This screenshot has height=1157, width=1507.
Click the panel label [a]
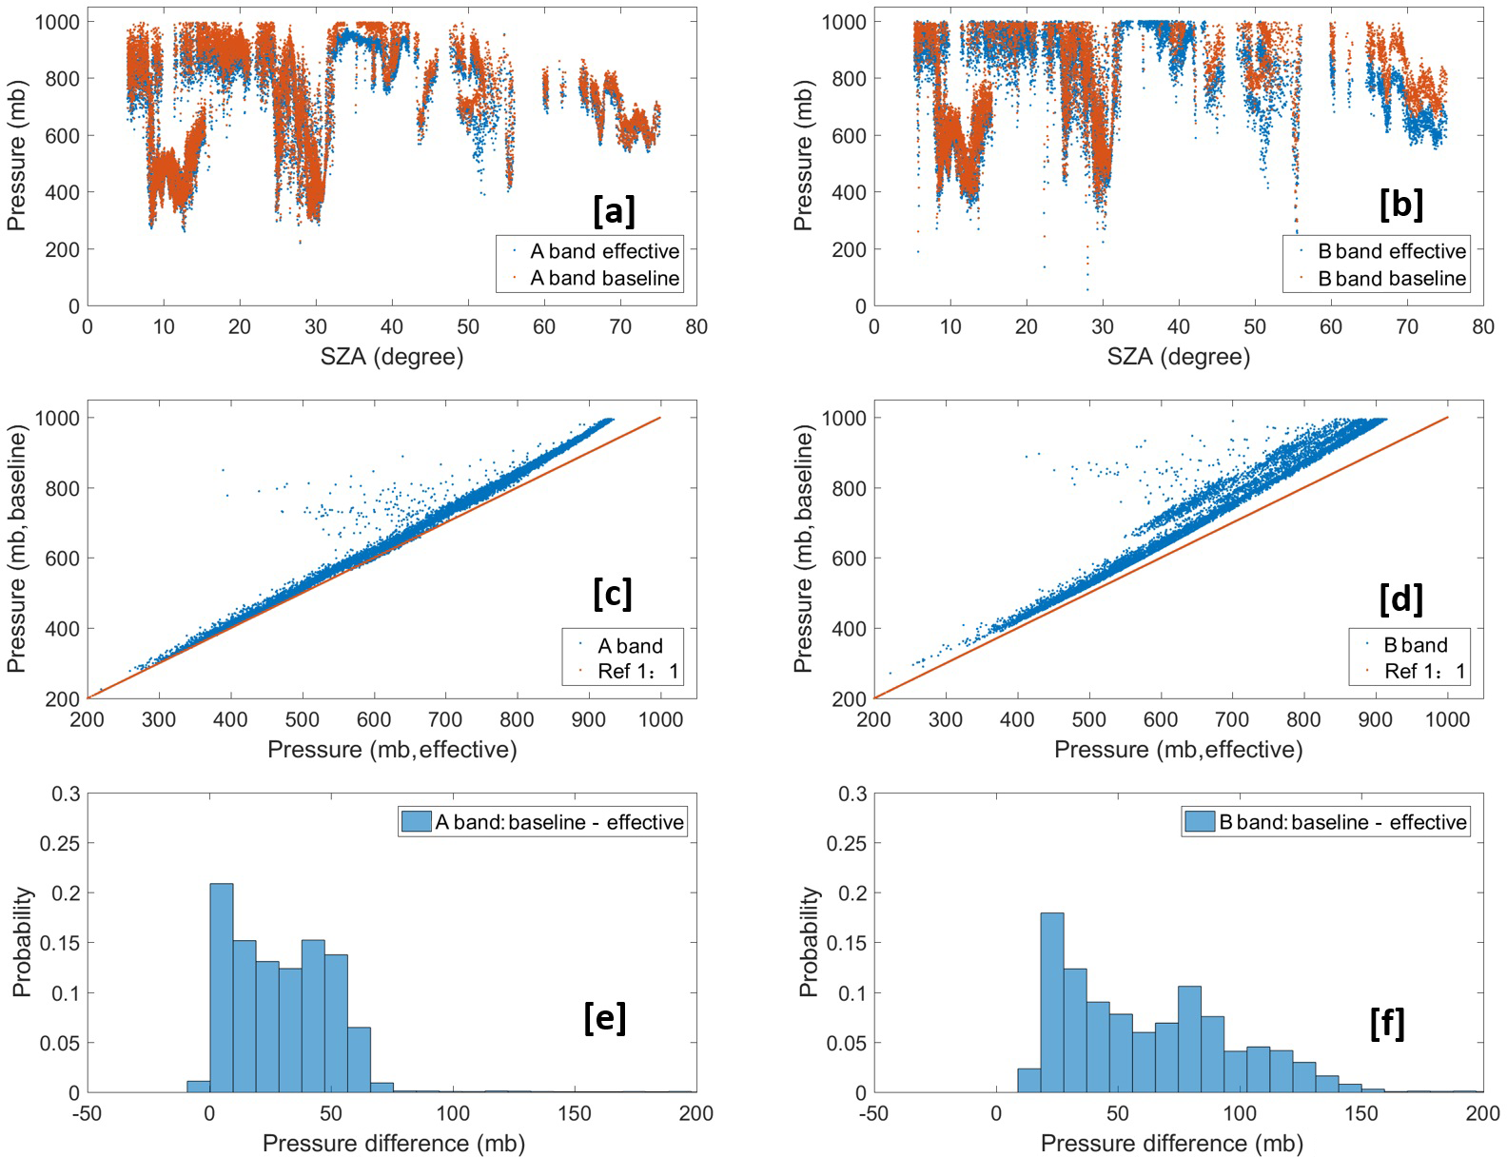click(x=614, y=209)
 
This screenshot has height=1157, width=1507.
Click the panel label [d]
click(x=1400, y=598)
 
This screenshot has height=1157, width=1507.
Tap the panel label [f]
click(x=1388, y=1023)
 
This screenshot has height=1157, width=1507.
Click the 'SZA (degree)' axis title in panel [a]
click(x=392, y=357)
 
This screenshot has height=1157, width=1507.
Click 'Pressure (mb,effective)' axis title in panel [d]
click(x=1178, y=750)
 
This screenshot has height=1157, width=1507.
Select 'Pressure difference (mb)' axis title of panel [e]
click(x=393, y=1143)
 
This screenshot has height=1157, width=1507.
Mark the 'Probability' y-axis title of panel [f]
click(x=809, y=942)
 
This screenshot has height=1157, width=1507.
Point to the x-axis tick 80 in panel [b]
click(x=1482, y=326)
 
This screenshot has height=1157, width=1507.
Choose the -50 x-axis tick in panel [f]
click(x=874, y=1113)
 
